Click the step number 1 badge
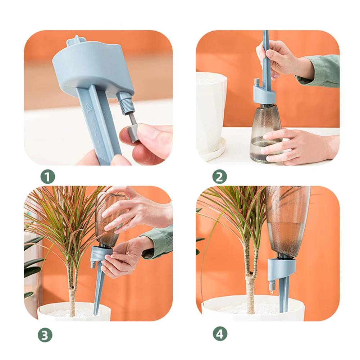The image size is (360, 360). tap(47, 177)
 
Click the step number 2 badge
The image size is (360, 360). tap(219, 177)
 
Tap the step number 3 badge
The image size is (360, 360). tap(45, 335)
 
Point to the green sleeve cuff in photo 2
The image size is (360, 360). tap(320, 70)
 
